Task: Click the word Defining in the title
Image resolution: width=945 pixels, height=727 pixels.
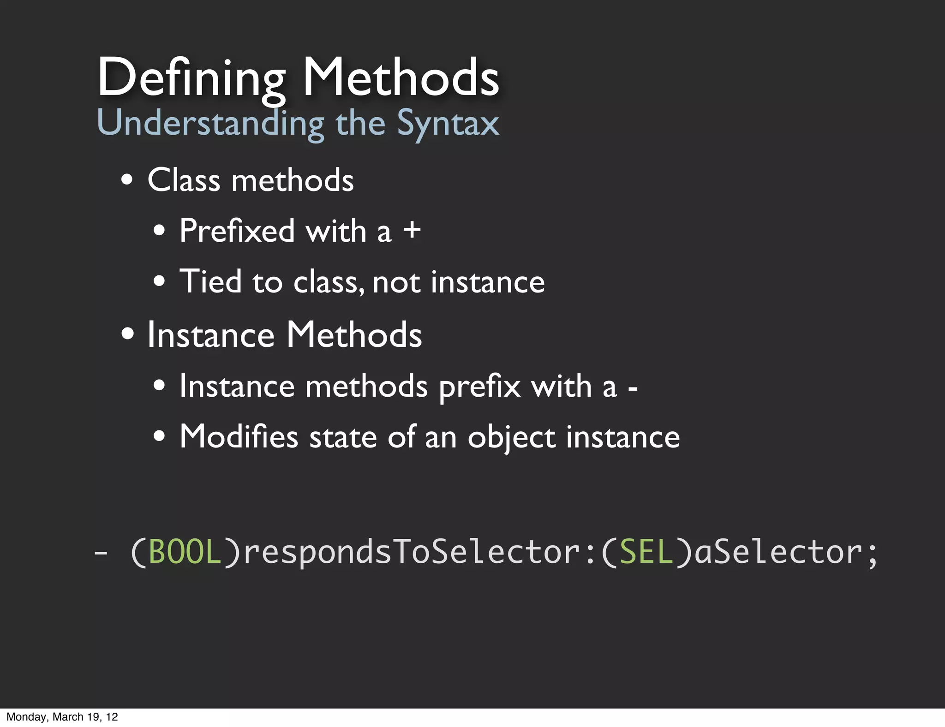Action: tap(191, 77)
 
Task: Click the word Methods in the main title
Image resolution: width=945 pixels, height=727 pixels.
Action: tap(401, 77)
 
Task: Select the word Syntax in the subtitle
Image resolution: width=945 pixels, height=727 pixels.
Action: tap(448, 124)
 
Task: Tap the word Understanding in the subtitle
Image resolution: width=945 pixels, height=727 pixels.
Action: tap(210, 124)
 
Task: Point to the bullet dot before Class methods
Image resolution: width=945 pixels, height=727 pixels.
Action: tap(127, 180)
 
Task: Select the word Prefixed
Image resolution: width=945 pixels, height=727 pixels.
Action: tap(237, 230)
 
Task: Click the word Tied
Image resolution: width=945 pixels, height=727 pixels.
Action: tap(210, 281)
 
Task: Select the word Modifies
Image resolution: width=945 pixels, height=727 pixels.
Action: tap(239, 436)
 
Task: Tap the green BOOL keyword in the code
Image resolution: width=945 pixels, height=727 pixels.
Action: tap(185, 552)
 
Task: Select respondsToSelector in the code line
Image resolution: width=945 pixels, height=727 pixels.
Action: tap(412, 552)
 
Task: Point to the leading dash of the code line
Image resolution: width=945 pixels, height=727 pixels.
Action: tap(101, 552)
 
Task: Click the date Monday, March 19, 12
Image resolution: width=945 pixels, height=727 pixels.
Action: tap(62, 717)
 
